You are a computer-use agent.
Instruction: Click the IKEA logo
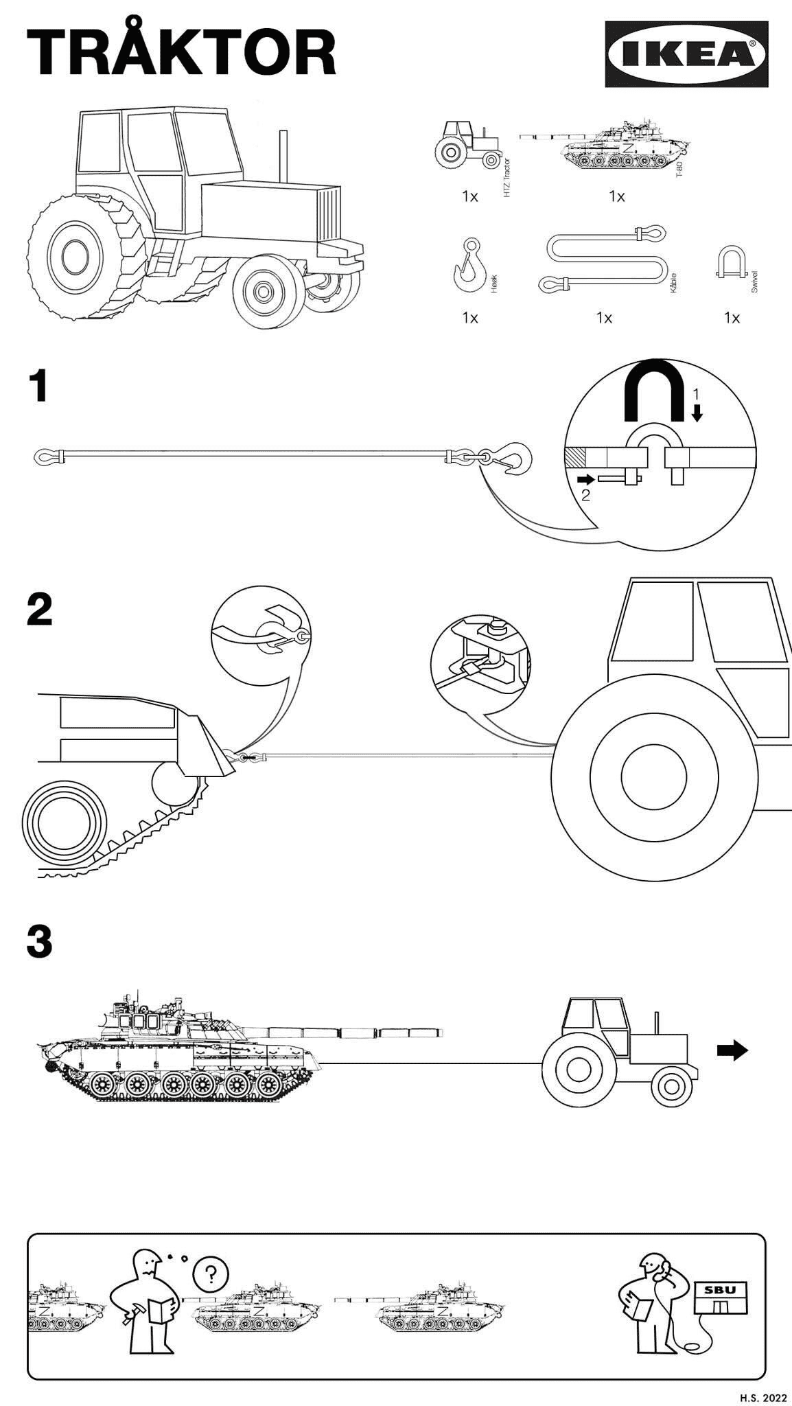tap(686, 54)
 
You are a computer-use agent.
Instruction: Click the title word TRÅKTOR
tap(181, 54)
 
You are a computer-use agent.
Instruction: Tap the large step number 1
tap(38, 387)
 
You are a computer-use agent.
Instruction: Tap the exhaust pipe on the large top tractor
tap(281, 157)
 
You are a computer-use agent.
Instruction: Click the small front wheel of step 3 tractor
tap(671, 1085)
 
